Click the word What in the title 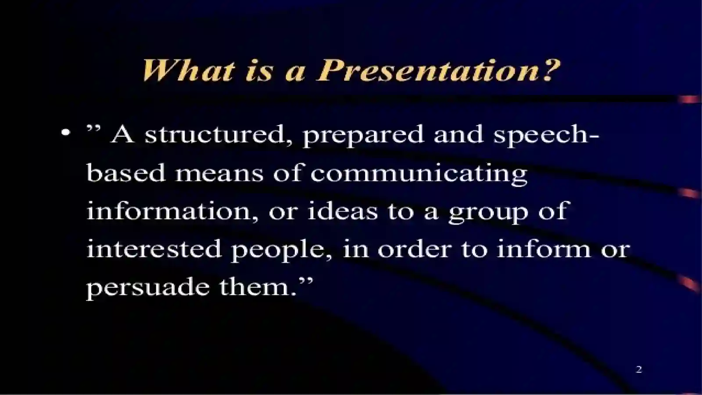(x=188, y=70)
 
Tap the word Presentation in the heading (x=429, y=70)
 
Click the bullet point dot (x=66, y=132)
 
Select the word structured (x=218, y=134)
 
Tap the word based (x=126, y=173)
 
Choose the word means (x=219, y=173)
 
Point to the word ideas (x=342, y=211)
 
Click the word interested (x=154, y=249)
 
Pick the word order (x=414, y=249)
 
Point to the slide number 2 (x=639, y=369)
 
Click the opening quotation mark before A (x=94, y=128)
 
